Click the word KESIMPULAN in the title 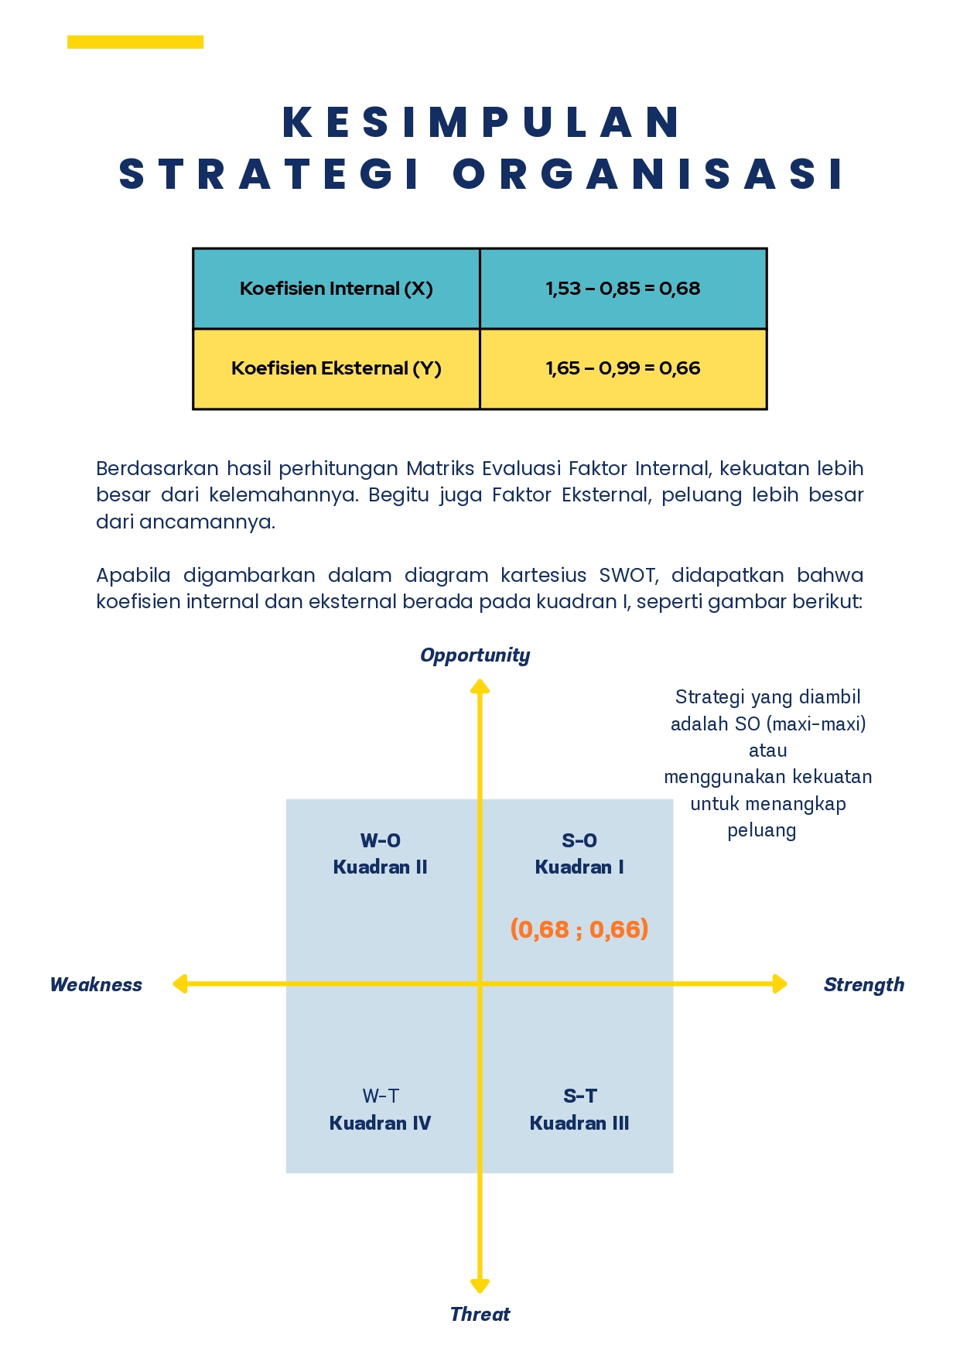coord(480,122)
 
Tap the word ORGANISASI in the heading coord(648,174)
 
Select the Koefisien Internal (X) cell coord(337,289)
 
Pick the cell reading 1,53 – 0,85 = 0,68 coord(623,289)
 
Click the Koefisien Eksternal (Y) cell coord(337,369)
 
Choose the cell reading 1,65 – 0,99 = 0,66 coord(623,369)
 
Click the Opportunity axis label coord(475,656)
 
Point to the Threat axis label coord(480,1314)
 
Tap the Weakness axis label coord(96,984)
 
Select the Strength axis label coord(864,985)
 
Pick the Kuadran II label coord(381,867)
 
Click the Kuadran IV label coord(381,1123)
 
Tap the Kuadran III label coord(579,1123)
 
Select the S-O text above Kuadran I coord(579,840)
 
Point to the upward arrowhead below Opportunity coord(480,686)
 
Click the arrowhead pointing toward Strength coord(780,984)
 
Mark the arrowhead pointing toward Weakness coord(179,984)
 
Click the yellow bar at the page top coord(135,42)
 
